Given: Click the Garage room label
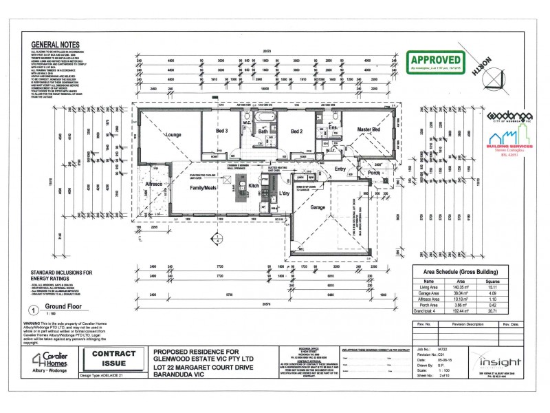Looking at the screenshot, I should point(317,206).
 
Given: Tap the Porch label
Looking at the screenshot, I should point(374,173).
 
